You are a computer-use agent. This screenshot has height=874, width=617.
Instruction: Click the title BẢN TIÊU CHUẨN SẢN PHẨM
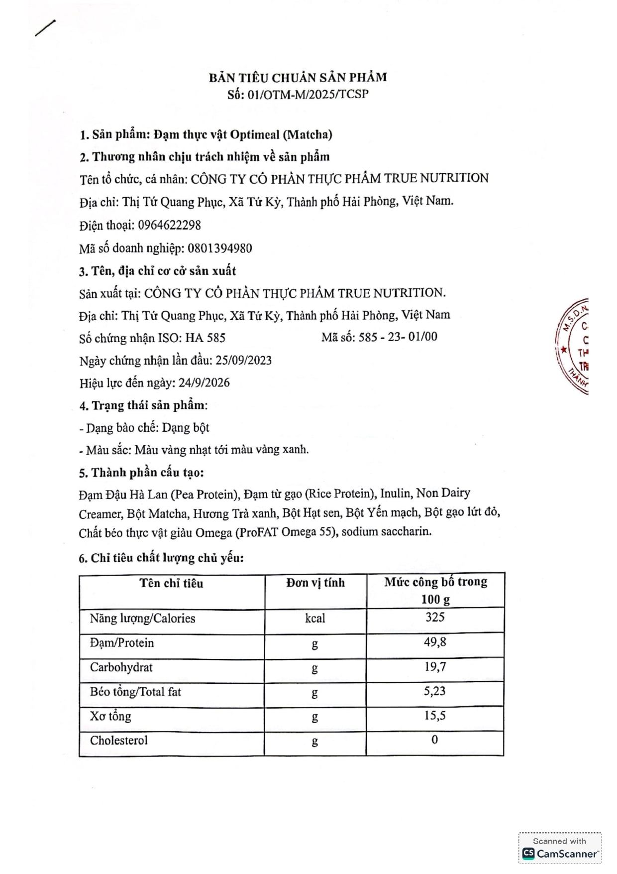298,77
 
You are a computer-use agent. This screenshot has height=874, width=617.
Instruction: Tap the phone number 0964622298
170,225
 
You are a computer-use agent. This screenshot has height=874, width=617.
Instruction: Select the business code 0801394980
220,248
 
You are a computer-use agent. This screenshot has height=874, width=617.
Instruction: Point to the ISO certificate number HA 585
206,338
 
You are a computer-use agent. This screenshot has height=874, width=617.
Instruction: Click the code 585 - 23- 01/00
398,337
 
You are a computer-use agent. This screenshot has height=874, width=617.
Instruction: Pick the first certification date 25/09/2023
243,361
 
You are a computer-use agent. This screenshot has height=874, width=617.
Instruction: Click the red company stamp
573,346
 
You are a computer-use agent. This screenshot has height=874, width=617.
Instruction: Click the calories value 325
435,618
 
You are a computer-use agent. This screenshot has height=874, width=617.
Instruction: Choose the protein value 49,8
435,642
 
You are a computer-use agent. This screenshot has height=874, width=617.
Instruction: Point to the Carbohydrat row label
121,667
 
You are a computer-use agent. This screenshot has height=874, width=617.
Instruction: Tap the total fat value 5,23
435,691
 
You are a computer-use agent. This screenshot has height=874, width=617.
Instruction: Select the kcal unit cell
315,618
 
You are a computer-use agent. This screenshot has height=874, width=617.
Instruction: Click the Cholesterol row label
119,741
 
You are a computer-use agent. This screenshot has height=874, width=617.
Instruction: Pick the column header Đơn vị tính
315,583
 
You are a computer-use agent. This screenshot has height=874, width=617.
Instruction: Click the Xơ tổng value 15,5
435,716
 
